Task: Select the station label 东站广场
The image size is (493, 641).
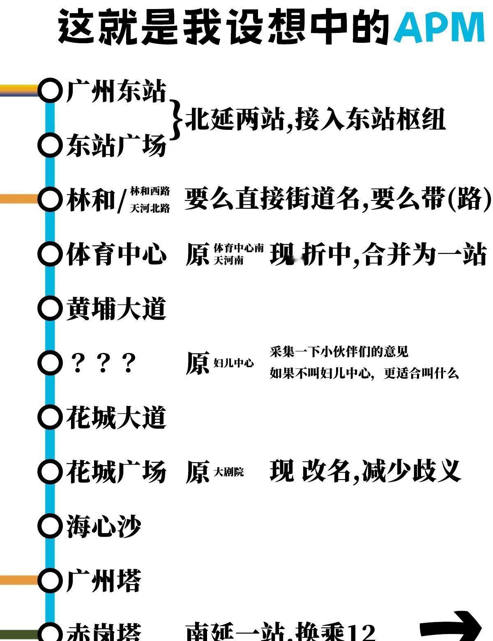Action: [117, 145]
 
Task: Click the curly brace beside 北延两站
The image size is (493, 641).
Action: [176, 119]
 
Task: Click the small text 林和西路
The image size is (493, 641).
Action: [150, 191]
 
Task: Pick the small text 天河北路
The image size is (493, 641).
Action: [150, 209]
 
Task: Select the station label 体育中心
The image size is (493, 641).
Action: [117, 254]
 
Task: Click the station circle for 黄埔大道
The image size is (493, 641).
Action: [49, 308]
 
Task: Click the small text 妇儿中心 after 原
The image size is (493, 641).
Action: [234, 363]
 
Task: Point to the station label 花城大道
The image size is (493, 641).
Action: [117, 417]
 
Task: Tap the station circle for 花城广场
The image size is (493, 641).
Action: [49, 471]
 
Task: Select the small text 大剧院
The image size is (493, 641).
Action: [229, 472]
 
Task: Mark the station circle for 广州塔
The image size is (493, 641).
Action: [49, 580]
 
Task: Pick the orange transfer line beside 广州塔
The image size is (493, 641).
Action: [18, 580]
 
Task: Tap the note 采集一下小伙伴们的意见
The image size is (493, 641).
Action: [339, 352]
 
